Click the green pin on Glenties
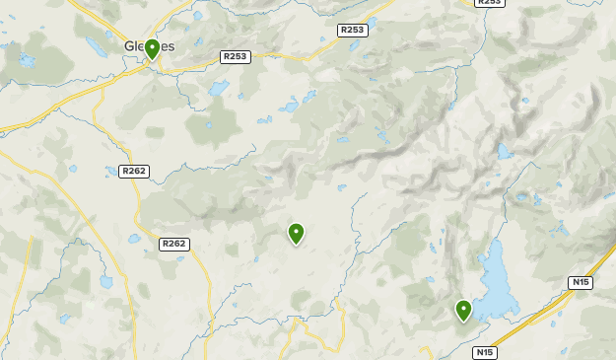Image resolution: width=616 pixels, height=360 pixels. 152,49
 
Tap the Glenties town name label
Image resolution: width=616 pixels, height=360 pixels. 149,46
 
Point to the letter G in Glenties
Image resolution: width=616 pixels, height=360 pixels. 130,46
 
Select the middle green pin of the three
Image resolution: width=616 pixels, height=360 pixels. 296,233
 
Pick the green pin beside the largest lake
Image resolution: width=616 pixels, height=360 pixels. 463,311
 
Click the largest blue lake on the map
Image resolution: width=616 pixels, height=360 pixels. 497,280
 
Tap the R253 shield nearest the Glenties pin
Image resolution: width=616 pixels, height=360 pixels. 236,57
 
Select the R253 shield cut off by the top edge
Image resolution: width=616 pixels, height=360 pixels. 489,3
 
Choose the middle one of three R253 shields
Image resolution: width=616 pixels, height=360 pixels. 352,31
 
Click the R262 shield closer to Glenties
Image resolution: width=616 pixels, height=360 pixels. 134,172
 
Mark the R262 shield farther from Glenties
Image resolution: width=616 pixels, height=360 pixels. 173,244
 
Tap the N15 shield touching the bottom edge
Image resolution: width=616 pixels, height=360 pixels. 484,352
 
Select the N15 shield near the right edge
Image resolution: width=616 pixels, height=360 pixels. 581,283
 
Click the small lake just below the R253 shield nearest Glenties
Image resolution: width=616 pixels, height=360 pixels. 219,89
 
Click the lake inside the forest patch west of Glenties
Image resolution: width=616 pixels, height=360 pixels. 27,61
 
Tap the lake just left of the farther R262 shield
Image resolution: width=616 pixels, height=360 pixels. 134,239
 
